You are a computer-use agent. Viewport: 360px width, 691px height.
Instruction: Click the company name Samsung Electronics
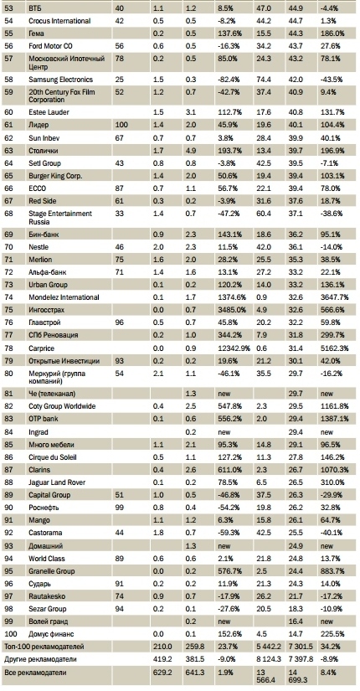[60, 80]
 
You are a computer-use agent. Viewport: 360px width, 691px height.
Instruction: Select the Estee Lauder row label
[48, 112]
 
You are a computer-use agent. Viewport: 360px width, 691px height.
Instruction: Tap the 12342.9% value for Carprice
[233, 348]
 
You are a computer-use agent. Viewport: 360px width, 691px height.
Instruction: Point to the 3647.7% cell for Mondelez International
[336, 297]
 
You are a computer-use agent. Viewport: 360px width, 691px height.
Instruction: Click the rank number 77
[8, 335]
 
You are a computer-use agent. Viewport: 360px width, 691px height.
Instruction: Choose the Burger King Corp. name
[55, 175]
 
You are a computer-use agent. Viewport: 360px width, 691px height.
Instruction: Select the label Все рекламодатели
[30, 672]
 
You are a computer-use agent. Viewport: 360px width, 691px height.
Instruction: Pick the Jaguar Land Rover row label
[57, 482]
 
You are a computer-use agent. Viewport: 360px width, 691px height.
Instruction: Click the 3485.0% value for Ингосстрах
[231, 310]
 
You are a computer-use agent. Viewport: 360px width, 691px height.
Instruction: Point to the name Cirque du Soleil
[53, 457]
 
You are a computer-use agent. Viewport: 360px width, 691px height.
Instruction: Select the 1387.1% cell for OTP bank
[336, 418]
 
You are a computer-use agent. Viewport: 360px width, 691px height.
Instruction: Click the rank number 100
[10, 634]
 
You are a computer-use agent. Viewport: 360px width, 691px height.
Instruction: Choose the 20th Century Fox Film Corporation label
[62, 95]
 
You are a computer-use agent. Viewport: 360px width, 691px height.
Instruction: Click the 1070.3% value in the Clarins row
[336, 469]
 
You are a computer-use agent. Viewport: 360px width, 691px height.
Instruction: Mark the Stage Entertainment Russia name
[60, 217]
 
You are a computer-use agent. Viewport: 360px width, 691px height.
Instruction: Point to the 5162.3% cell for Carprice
[336, 348]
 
